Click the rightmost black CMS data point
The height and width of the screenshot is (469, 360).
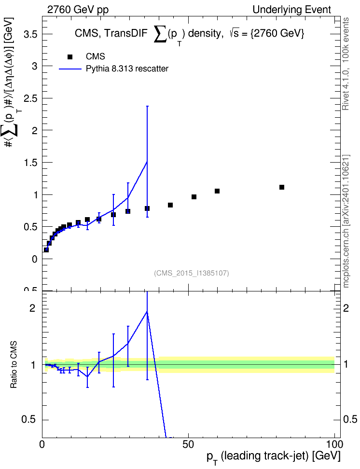click(282, 187)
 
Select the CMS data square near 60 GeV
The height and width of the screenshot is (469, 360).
click(217, 191)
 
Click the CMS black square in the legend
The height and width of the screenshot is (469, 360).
click(70, 57)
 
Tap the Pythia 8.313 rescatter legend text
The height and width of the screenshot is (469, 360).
click(127, 69)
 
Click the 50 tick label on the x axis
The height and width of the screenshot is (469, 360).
click(188, 444)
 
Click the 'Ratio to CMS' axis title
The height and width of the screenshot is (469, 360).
click(14, 365)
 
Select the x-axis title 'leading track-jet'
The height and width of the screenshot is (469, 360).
click(266, 456)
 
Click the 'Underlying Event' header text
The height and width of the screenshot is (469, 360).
click(292, 10)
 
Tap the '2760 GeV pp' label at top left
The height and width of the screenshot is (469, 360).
click(78, 10)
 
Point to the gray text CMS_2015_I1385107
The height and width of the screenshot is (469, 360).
click(192, 273)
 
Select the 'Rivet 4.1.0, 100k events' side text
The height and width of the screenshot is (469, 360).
click(346, 64)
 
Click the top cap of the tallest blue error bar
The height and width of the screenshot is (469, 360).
click(147, 106)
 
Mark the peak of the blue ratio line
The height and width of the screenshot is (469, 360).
click(147, 312)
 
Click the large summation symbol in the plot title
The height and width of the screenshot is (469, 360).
click(160, 34)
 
